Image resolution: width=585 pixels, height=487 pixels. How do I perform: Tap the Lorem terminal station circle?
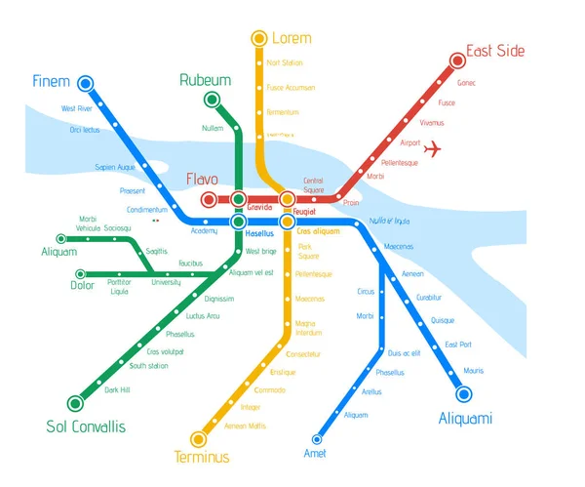(258, 39)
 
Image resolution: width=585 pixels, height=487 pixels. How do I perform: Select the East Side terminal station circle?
(457, 61)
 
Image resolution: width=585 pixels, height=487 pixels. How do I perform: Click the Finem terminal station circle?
(85, 84)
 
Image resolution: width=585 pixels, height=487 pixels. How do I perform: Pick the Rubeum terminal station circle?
(211, 100)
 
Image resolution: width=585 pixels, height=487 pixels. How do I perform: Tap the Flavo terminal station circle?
(208, 200)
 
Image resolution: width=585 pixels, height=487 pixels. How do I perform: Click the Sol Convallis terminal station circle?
(75, 402)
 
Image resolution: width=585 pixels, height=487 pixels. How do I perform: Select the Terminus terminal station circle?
(200, 438)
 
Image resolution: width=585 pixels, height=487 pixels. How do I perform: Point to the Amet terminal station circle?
(317, 439)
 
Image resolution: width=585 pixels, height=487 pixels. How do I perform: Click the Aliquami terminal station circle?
(464, 394)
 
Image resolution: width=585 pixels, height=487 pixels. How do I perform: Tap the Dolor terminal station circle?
(80, 274)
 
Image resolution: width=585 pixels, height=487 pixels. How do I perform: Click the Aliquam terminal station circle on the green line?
(61, 238)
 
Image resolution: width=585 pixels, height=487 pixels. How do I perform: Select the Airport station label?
(410, 142)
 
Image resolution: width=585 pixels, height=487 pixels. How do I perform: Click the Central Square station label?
(313, 184)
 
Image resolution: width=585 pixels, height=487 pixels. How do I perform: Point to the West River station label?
(76, 108)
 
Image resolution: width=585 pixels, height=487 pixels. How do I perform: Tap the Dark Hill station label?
(117, 389)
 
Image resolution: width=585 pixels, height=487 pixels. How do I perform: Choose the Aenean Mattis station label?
(245, 426)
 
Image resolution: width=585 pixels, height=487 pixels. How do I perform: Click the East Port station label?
(457, 345)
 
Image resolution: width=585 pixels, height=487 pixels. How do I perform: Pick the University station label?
(166, 282)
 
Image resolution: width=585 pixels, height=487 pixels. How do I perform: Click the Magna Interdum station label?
(307, 327)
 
